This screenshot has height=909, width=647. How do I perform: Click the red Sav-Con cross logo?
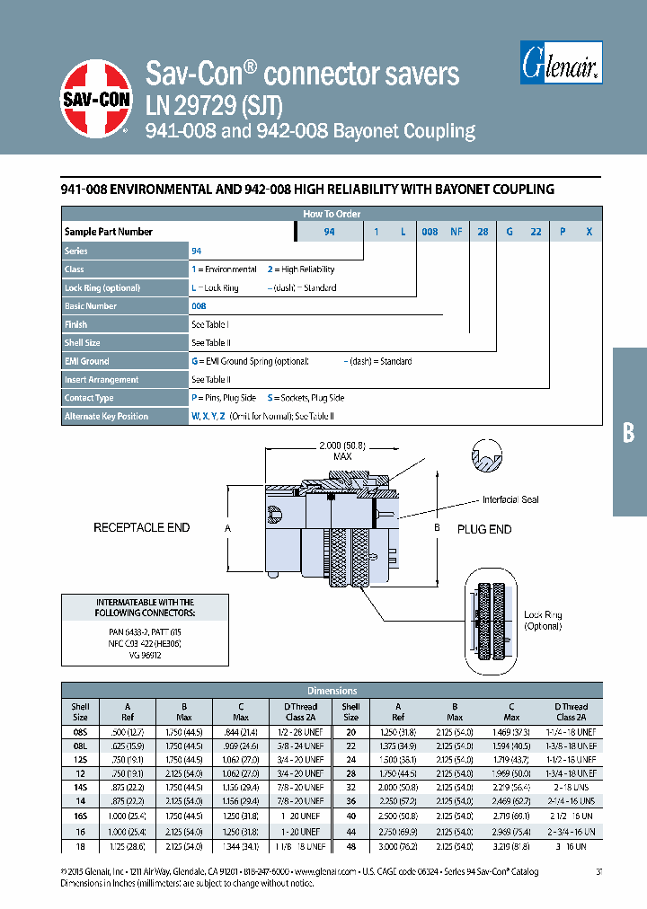pos(97,99)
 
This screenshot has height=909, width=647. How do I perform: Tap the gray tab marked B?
pos(629,432)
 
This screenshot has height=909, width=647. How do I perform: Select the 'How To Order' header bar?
pos(332,214)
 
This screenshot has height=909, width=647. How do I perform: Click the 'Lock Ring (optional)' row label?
pos(102,287)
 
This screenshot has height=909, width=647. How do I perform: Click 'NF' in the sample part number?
pos(456,232)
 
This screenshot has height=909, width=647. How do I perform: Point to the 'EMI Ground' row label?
pos(87,361)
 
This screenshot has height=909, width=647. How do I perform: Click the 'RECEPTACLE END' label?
pos(142,528)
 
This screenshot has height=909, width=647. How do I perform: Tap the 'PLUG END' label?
pos(483,529)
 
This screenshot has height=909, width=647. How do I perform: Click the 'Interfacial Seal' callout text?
pos(510,499)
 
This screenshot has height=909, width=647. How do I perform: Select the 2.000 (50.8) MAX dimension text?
pos(342,451)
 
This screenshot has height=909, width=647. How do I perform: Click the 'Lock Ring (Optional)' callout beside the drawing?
pos(543,620)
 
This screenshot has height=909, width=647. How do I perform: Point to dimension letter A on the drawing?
pos(227,529)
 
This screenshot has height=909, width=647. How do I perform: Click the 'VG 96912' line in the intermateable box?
pos(145,655)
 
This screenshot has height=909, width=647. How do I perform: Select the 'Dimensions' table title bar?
pos(332,691)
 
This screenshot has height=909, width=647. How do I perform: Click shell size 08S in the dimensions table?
pos(80,733)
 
